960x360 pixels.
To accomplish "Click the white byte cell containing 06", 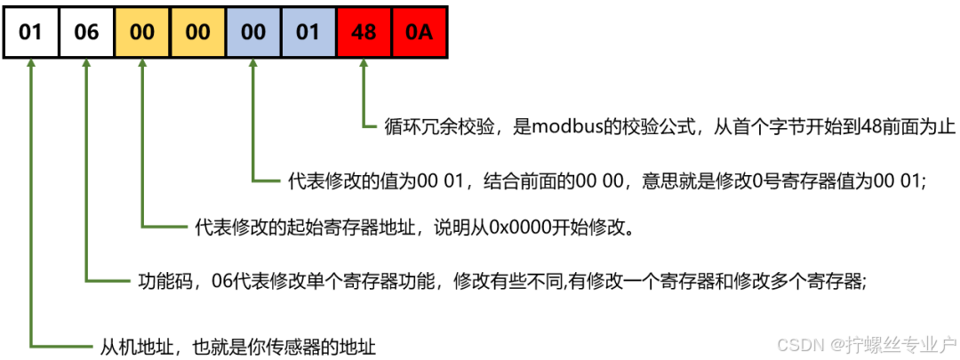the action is coord(86,33).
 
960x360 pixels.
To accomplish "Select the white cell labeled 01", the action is coord(31,33).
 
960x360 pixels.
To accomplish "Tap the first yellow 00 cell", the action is coord(142,33).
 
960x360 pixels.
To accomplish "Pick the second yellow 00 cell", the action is coord(197,33).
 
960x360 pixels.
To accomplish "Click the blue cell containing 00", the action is coord(253,33).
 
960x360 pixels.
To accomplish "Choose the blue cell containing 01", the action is coord(308,33).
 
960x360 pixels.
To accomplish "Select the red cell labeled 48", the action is coord(364,33).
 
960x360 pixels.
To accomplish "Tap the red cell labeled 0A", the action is coord(418,33).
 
